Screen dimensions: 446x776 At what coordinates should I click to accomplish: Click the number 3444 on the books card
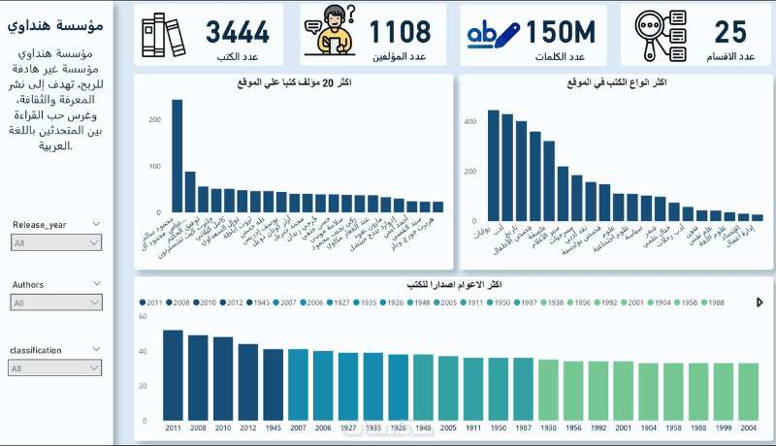point(237,31)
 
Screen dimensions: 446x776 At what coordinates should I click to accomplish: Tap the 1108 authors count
point(400,31)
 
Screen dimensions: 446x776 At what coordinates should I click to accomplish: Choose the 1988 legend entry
point(712,303)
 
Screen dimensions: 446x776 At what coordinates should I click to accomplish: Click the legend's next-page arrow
point(759,303)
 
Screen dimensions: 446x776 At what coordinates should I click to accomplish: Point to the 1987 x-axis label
point(523,427)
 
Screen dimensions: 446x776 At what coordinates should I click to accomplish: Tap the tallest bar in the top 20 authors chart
point(178,155)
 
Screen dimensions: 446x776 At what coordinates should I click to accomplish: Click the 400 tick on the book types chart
point(470,122)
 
